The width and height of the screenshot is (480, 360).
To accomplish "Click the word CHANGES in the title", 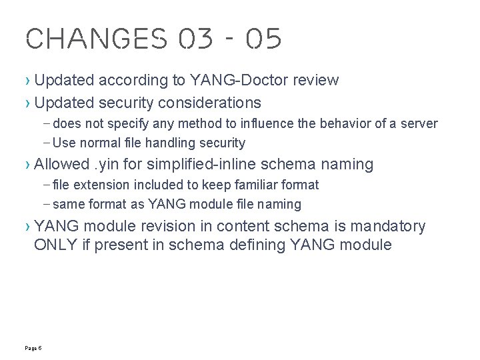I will pos(97,39).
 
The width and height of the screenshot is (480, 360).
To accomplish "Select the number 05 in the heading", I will pos(263,39).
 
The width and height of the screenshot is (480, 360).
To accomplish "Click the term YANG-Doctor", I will pos(231,81).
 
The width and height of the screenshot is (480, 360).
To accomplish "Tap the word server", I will pos(420,123).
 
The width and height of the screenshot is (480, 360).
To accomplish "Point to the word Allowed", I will pos(61,164).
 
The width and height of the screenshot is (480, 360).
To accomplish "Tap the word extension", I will pos(102,185).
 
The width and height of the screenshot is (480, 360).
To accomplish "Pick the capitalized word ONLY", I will pos(53,245).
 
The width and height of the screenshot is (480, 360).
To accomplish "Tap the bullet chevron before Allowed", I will pos(27,165).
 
